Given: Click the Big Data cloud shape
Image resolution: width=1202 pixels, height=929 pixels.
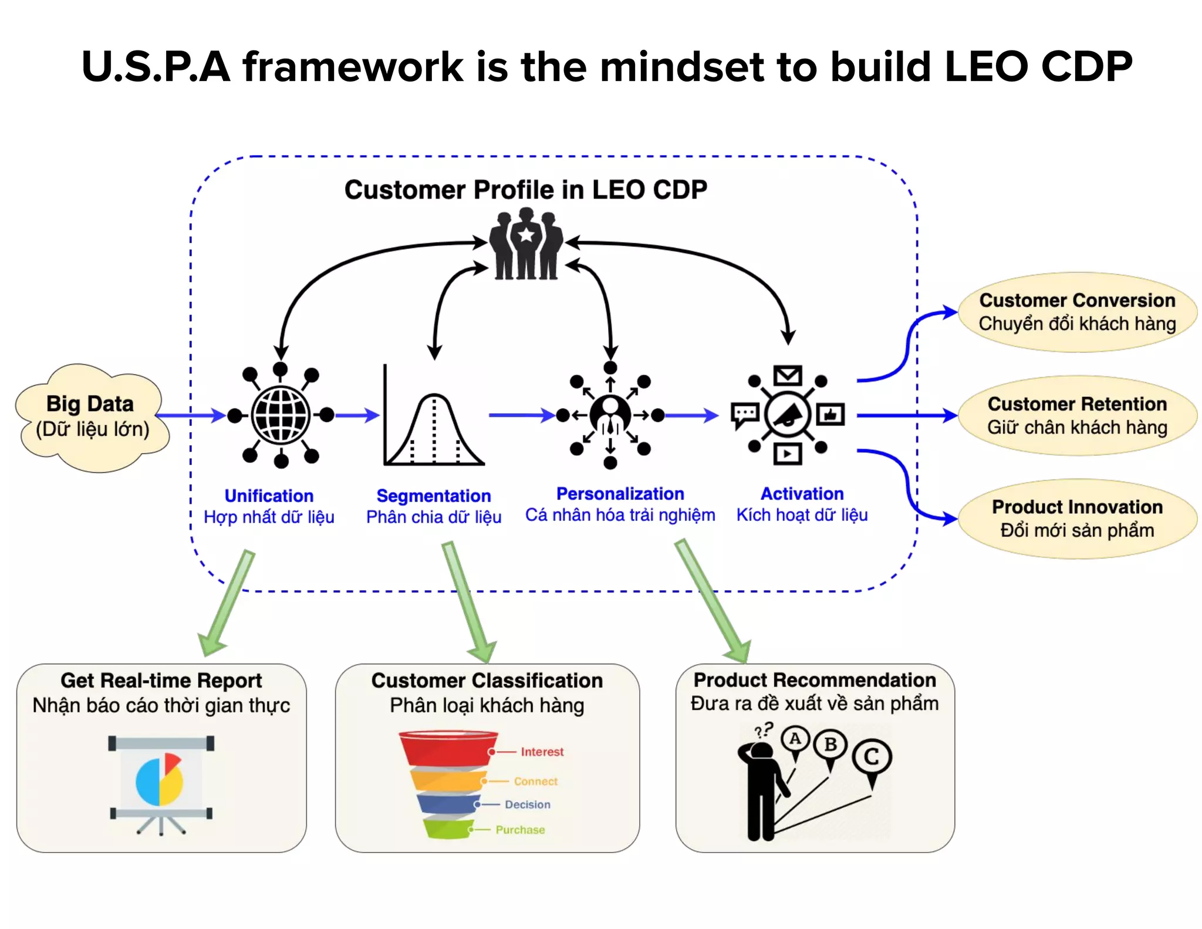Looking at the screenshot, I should pyautogui.click(x=92, y=417).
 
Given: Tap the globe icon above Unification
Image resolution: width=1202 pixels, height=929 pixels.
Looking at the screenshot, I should pyautogui.click(x=281, y=415).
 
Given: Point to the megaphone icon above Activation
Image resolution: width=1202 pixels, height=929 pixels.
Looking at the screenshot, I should pyautogui.click(x=788, y=415).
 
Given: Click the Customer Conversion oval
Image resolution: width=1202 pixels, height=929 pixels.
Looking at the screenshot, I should pyautogui.click(x=1076, y=312).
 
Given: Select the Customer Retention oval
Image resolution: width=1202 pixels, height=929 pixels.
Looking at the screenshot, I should pyautogui.click(x=1076, y=415).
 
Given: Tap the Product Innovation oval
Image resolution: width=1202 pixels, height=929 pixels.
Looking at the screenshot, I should pyautogui.click(x=1076, y=519).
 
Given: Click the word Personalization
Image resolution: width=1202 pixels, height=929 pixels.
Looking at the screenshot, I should pyautogui.click(x=620, y=494).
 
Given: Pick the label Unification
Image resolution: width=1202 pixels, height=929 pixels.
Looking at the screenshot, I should pyautogui.click(x=269, y=496).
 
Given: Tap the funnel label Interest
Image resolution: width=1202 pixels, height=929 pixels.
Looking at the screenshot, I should pyautogui.click(x=542, y=752).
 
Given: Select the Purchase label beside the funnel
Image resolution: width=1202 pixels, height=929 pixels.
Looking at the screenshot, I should pyautogui.click(x=520, y=830).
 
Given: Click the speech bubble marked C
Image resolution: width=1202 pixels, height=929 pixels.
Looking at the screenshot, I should pyautogui.click(x=872, y=757).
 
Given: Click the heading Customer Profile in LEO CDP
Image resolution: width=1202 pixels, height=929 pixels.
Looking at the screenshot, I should pyautogui.click(x=525, y=190).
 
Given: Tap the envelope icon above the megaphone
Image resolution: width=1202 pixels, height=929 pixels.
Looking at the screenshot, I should pyautogui.click(x=787, y=375).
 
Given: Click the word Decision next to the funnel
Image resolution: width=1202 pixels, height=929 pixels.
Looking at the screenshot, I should pyautogui.click(x=527, y=805).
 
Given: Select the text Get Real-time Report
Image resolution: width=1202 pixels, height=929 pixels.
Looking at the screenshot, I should pyautogui.click(x=161, y=681).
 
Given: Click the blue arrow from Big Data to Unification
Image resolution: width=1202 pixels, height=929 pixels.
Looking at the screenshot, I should pyautogui.click(x=191, y=416).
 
